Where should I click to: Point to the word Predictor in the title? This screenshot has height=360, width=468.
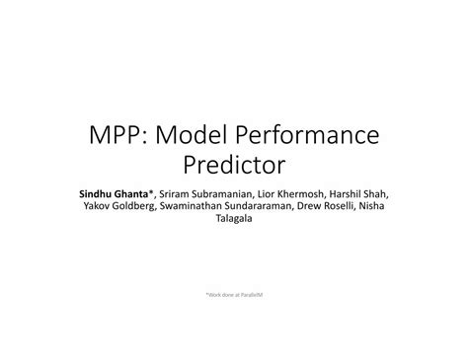tap(233, 166)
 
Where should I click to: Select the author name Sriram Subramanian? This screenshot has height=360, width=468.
tap(198, 193)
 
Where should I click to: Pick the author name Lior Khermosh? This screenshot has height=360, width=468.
tap(286, 193)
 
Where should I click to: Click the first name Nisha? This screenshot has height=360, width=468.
tap(371, 206)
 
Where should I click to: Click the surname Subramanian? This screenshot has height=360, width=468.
tap(210, 193)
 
